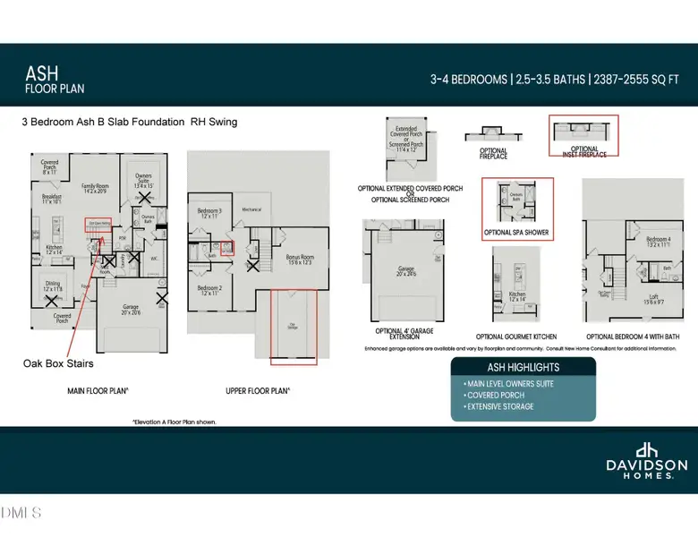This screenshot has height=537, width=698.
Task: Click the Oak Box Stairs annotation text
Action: pyautogui.click(x=58, y=364)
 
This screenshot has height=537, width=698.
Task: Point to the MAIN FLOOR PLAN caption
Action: pyautogui.click(x=98, y=391)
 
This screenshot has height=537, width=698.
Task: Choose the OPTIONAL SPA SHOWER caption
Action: pyautogui.click(x=516, y=233)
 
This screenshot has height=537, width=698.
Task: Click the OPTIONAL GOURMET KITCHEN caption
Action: pyautogui.click(x=517, y=336)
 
